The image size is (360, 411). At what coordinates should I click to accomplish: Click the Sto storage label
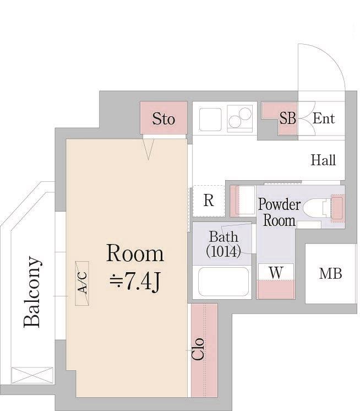pos(163,119)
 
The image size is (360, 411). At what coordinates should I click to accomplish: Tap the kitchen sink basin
pos(210,119)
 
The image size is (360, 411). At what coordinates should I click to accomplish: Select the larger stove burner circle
pos(246,113)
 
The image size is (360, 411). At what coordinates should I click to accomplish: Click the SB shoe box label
pos(287,118)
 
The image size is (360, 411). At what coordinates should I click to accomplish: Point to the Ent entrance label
pos(324,118)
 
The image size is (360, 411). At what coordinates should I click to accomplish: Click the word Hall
pos(323,160)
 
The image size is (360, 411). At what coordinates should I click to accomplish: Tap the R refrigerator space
pos(209,201)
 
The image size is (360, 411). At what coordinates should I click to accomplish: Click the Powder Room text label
pos(279,212)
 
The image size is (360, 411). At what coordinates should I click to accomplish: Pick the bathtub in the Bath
pos(223,282)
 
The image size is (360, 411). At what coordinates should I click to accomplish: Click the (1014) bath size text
pos(223,251)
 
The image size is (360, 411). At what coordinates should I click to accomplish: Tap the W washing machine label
pos(276,273)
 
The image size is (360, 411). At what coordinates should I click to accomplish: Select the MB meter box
pos(331,274)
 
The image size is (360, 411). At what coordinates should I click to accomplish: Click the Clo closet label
pos(198,349)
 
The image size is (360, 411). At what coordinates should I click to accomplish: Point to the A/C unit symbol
pos(82,283)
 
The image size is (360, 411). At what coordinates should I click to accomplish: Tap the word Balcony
pos(32,292)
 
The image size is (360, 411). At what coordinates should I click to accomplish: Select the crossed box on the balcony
pos(32,375)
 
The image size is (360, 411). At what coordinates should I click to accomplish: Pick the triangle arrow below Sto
pos(149,149)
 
